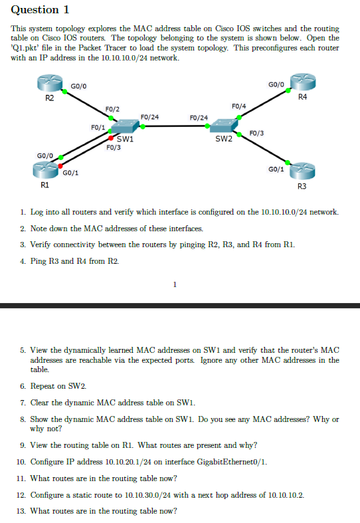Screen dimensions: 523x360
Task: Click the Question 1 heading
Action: (41, 10)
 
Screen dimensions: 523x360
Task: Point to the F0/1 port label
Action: (98, 126)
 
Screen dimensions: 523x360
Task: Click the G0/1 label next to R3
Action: (276, 169)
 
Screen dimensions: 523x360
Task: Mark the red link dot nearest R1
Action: (60, 165)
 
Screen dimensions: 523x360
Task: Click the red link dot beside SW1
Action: (111, 139)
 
